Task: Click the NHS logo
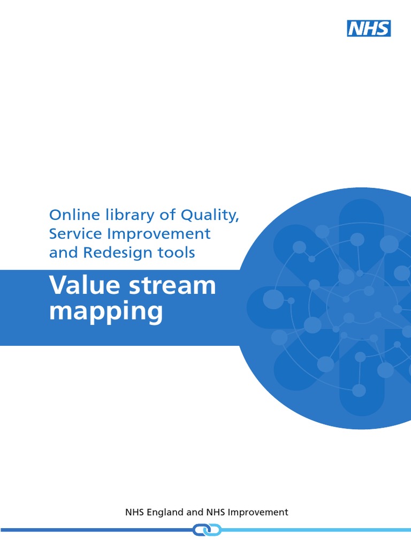point(369,28)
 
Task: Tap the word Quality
point(209,215)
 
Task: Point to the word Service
point(72,234)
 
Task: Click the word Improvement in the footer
point(258,512)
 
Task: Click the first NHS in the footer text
point(135,512)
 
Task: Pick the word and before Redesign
point(60,253)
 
